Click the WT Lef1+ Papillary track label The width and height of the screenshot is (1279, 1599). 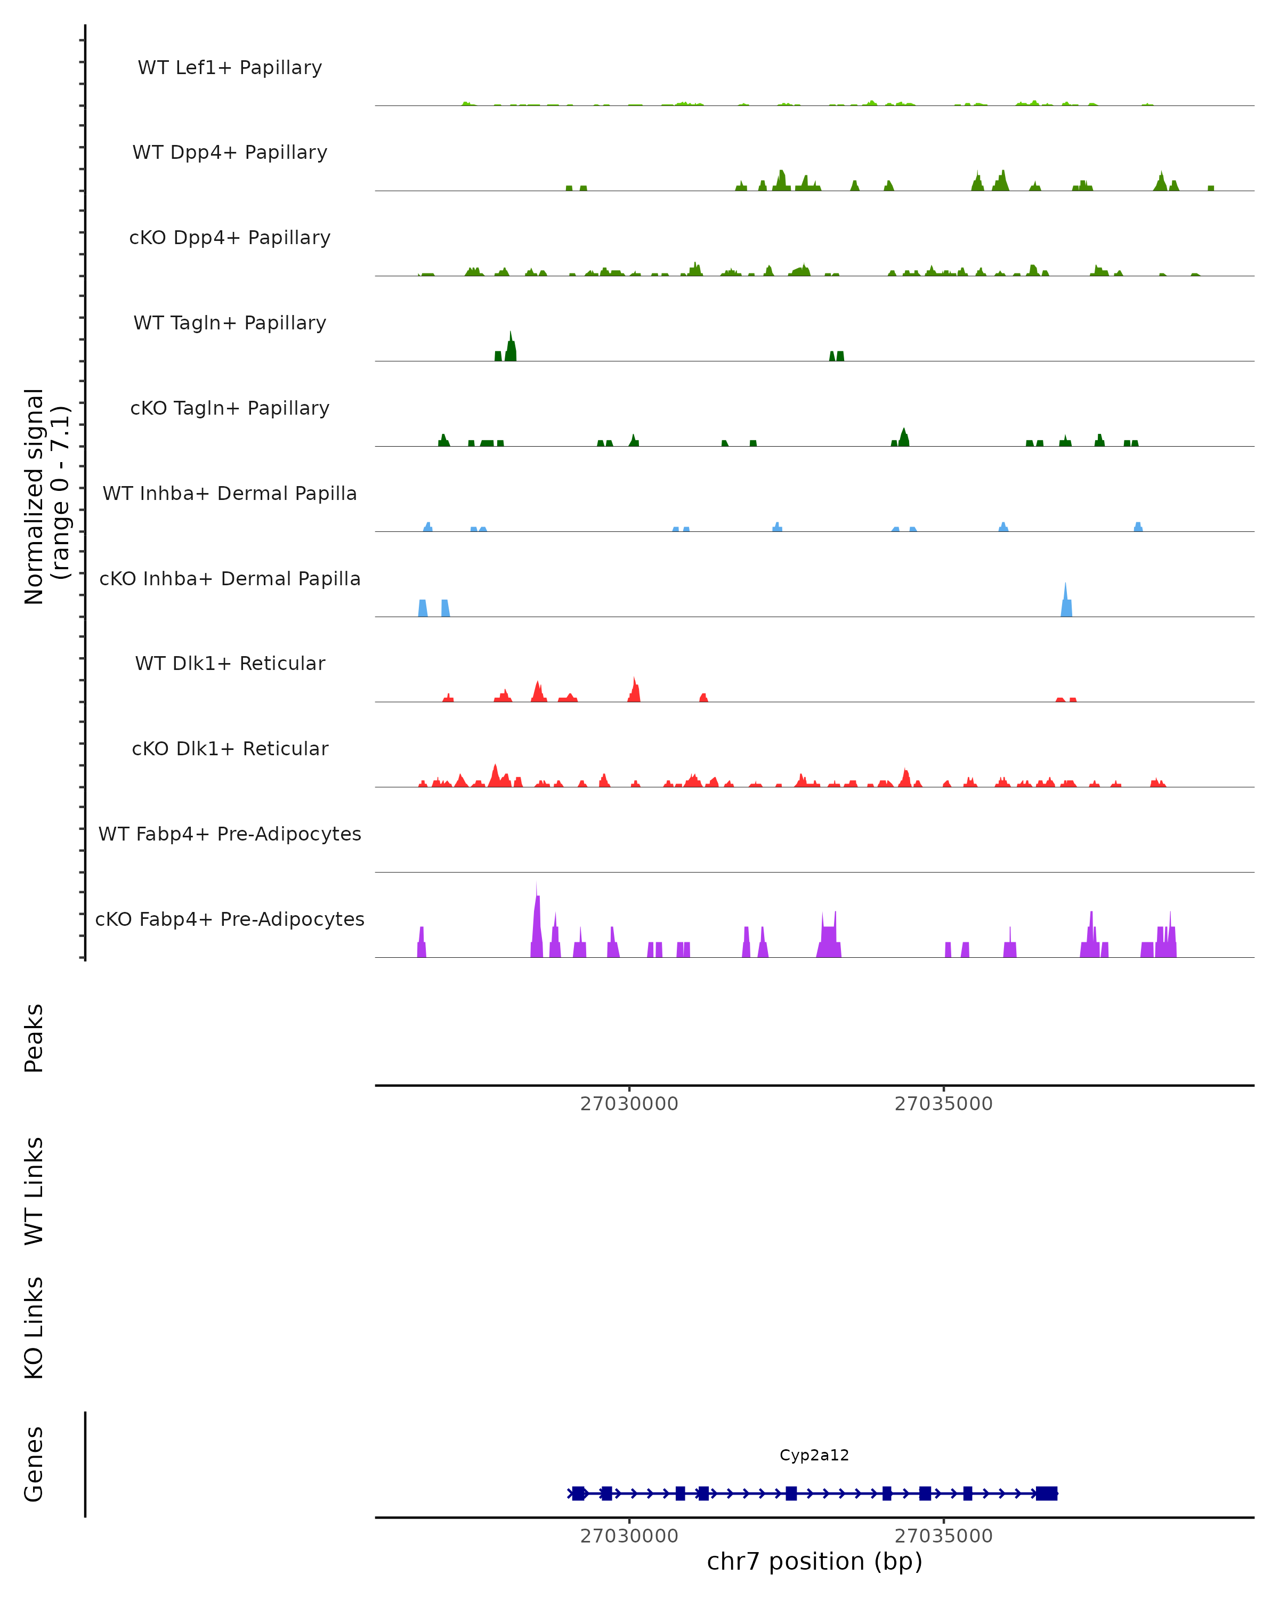[x=230, y=68]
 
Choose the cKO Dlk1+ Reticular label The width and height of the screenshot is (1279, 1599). [x=230, y=748]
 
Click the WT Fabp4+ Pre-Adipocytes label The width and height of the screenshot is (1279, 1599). [x=230, y=834]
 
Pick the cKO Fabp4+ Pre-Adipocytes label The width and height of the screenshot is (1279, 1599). [x=230, y=919]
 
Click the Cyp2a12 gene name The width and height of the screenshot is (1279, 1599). [x=814, y=1455]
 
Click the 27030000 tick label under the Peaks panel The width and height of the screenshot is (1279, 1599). [x=629, y=1104]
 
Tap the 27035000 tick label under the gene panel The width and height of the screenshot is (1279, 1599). [x=943, y=1536]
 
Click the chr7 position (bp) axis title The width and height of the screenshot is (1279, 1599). [x=814, y=1561]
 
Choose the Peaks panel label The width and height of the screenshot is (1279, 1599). [x=34, y=1038]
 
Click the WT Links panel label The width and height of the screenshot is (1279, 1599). [x=34, y=1190]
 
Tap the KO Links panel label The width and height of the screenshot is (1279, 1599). [x=34, y=1328]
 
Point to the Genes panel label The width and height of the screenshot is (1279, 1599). [x=34, y=1464]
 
